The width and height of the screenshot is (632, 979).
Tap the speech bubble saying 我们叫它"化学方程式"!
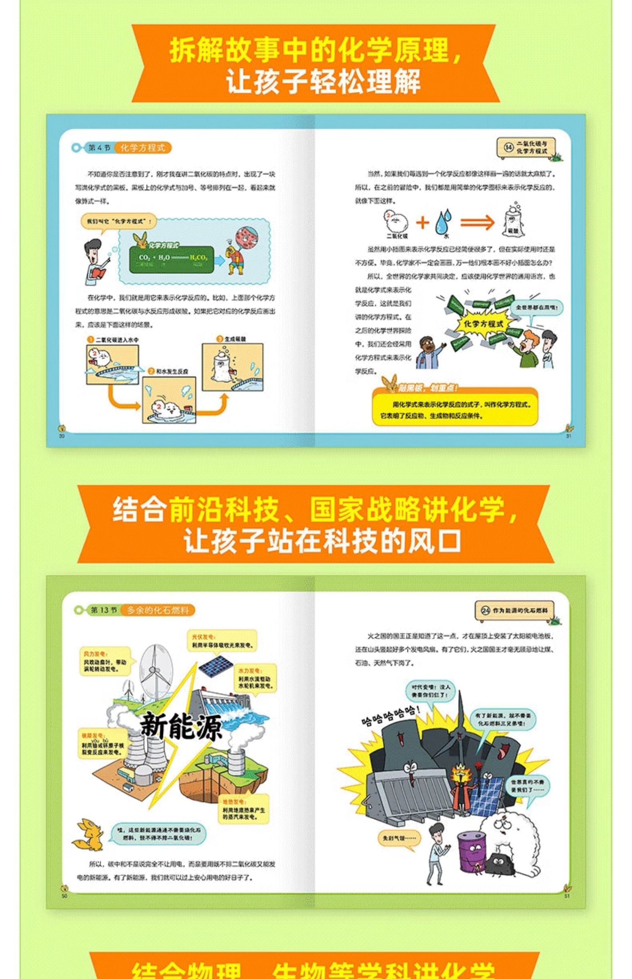(118, 221)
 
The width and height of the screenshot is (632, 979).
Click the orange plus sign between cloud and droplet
(423, 222)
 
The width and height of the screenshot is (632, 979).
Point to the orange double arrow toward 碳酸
(477, 222)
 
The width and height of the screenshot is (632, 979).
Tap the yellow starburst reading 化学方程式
(483, 324)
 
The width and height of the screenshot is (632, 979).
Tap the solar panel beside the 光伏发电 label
(215, 665)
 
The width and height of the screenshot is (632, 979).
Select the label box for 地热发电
(245, 809)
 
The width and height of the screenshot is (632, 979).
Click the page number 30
(62, 436)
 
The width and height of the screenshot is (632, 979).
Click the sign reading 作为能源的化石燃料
(514, 610)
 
